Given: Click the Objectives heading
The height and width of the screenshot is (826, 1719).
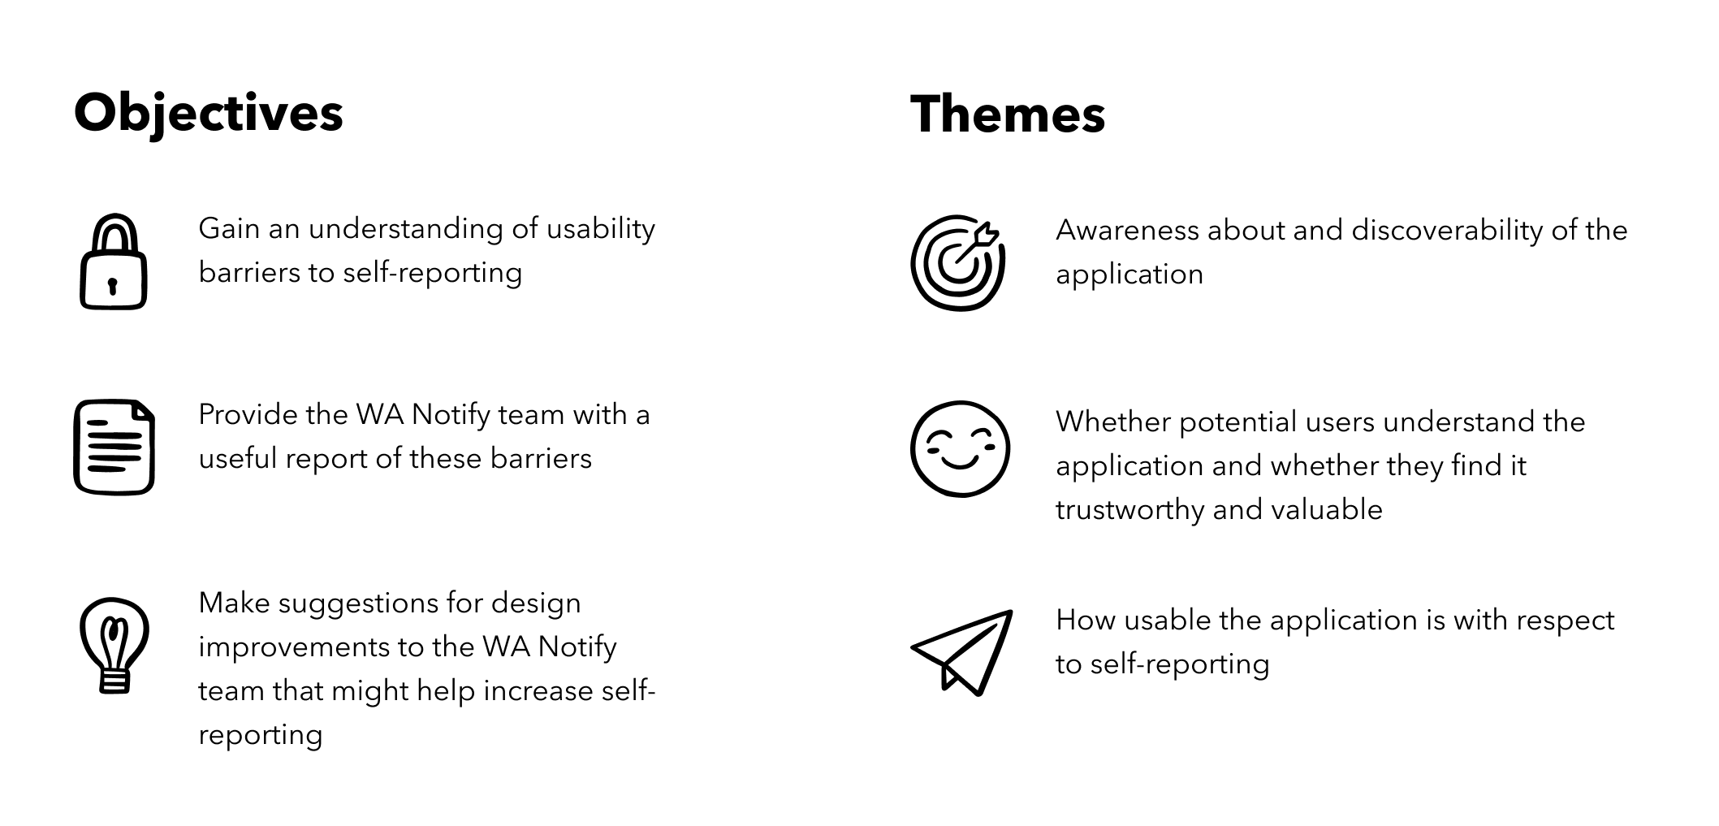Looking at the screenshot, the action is pyautogui.click(x=209, y=114).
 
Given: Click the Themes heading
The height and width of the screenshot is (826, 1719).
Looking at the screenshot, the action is pyautogui.click(x=1008, y=114).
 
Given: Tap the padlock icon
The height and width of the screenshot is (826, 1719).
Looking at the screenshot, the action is pyautogui.click(x=114, y=262).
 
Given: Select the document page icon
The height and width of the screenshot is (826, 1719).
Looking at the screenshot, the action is pyautogui.click(x=114, y=447).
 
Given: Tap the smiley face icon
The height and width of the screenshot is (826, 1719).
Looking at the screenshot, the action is pyautogui.click(x=960, y=448).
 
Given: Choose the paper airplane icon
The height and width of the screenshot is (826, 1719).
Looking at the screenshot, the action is pyautogui.click(x=961, y=652).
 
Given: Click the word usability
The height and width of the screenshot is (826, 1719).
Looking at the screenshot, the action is pyautogui.click(x=600, y=230).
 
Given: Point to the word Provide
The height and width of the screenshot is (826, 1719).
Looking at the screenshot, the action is pyautogui.click(x=248, y=415).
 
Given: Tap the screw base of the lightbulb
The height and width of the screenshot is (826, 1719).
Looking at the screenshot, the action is pyautogui.click(x=114, y=680).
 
